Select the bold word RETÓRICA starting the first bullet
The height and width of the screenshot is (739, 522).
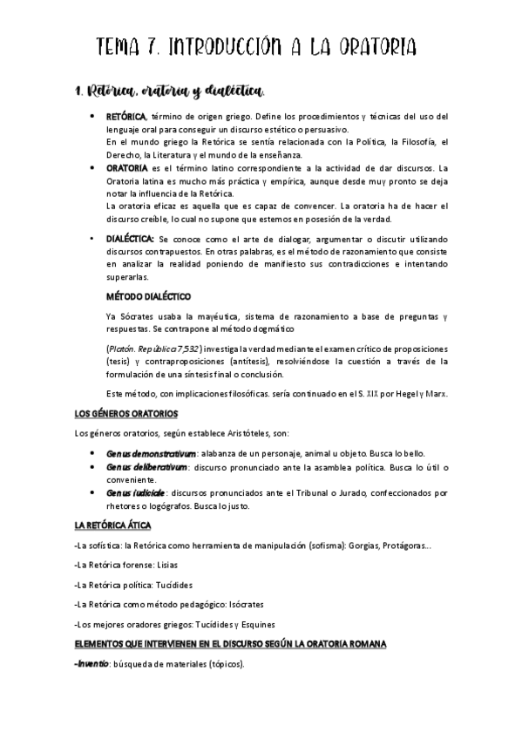[x=125, y=117]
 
